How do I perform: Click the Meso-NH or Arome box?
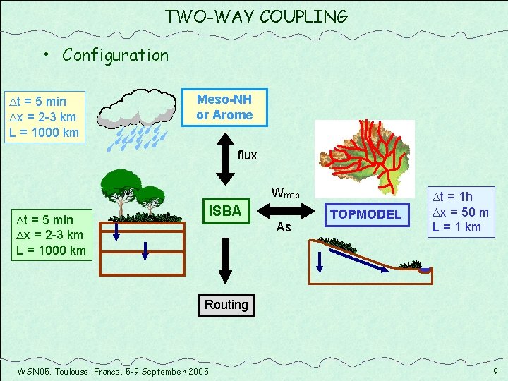click(x=224, y=107)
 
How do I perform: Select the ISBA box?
click(x=224, y=211)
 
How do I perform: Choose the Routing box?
click(x=226, y=305)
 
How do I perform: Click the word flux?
click(x=247, y=155)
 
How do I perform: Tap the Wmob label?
click(x=285, y=193)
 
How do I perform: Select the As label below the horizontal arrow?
click(x=284, y=227)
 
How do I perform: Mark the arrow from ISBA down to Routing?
click(x=224, y=261)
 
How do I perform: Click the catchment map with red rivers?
click(x=363, y=156)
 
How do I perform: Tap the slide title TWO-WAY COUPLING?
click(x=256, y=16)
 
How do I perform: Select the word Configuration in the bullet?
click(x=115, y=55)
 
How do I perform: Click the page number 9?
click(x=495, y=370)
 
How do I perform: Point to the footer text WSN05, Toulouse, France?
click(x=112, y=371)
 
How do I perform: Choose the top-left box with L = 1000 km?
click(x=44, y=116)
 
